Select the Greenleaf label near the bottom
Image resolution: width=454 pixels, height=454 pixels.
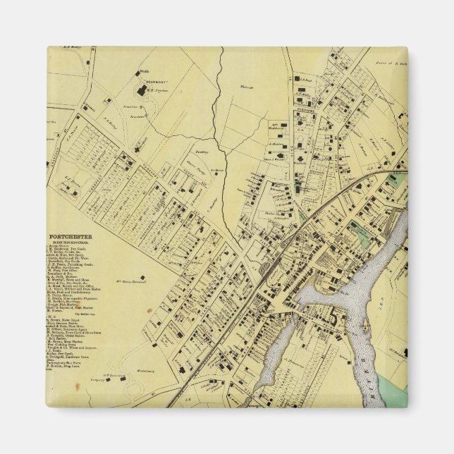pos(145,369)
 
